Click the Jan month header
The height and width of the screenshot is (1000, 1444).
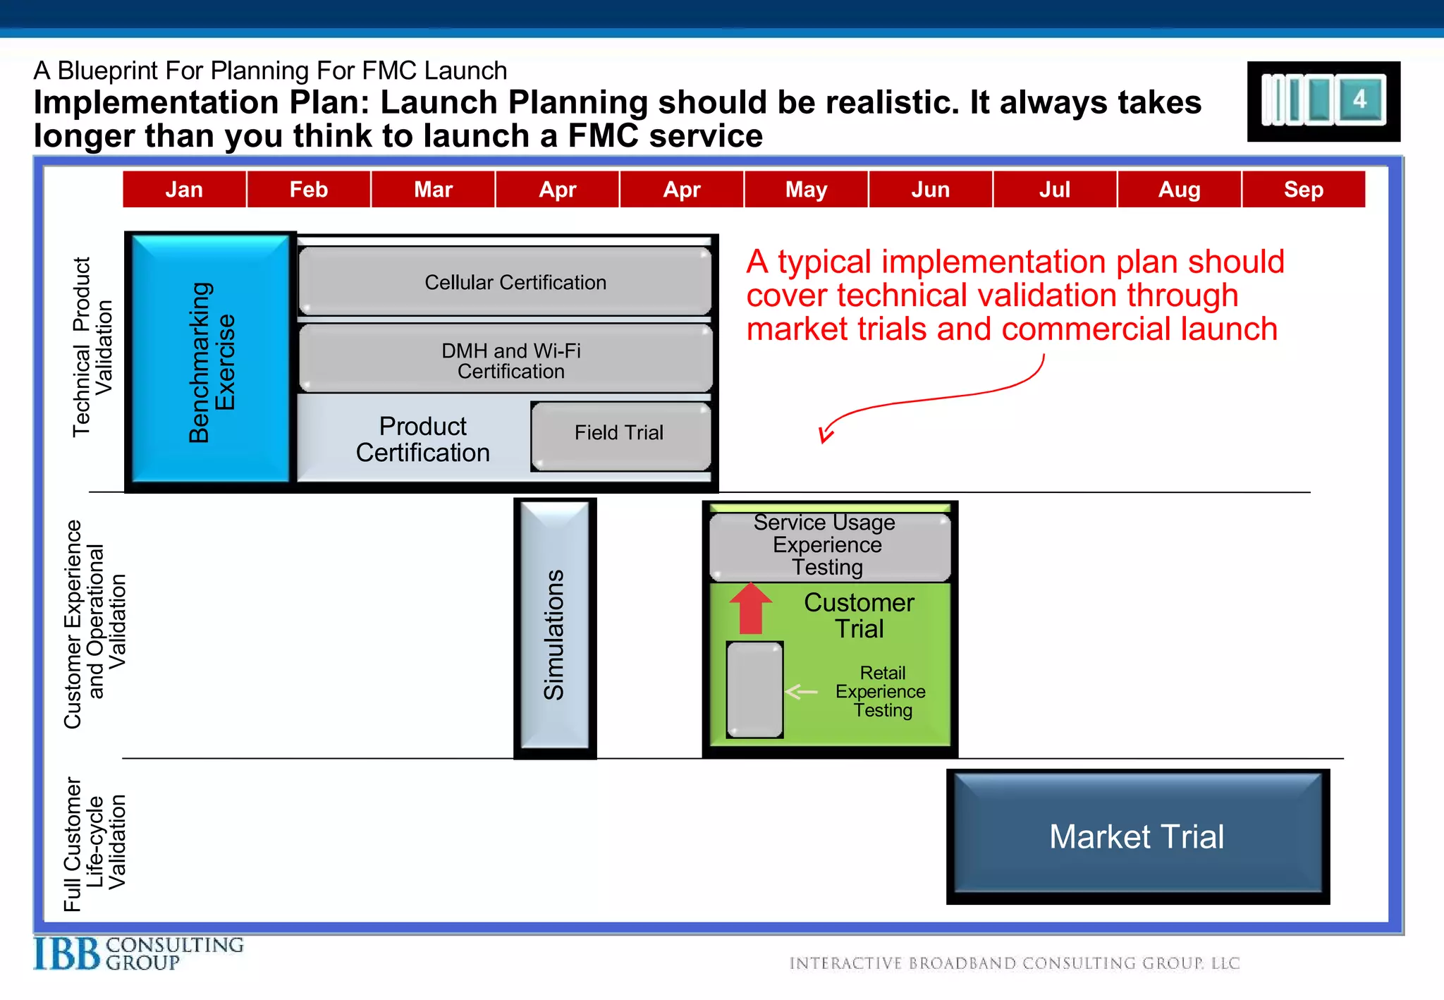click(x=184, y=189)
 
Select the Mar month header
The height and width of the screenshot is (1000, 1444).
click(x=433, y=189)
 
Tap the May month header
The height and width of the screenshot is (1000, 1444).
click(x=806, y=189)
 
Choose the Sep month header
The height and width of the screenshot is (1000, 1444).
click(x=1303, y=189)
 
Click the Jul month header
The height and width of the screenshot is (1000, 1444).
click(x=1054, y=189)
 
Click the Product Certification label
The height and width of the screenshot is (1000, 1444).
click(x=422, y=439)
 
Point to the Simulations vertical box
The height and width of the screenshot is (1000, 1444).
click(x=555, y=628)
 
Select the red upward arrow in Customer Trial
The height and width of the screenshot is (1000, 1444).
click(x=751, y=608)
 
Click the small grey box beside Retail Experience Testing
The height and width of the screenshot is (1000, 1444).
click(x=754, y=689)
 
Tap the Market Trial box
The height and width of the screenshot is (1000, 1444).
click(x=1137, y=836)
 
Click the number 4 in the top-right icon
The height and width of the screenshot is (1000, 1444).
click(x=1360, y=99)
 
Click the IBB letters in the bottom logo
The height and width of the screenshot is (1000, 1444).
click(x=67, y=955)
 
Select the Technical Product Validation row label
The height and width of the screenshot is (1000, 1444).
click(x=92, y=347)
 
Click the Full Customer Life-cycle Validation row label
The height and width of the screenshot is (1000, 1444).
click(x=94, y=843)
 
